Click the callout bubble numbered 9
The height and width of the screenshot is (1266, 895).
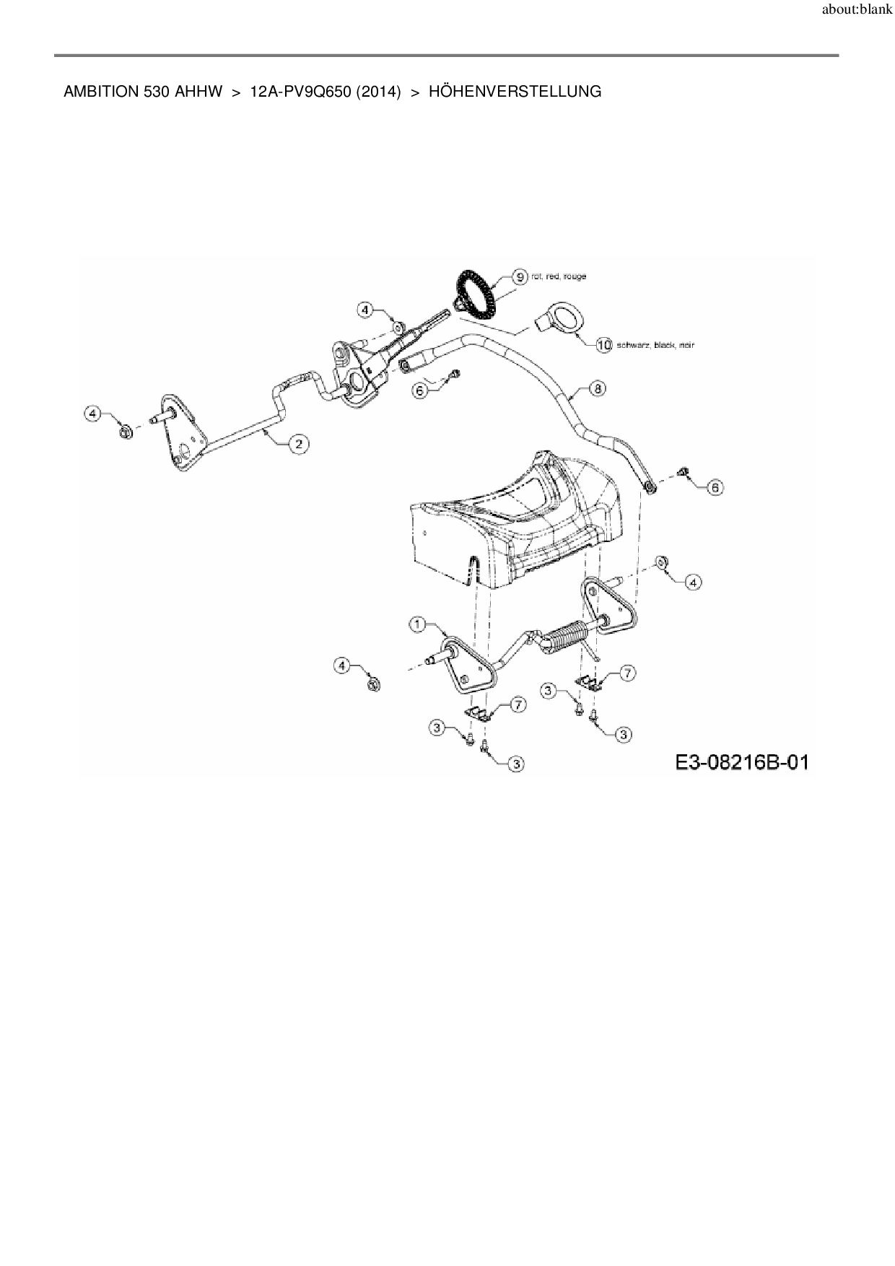(x=519, y=276)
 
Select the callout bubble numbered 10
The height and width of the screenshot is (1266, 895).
(x=604, y=345)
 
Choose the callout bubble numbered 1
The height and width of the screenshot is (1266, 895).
(x=418, y=624)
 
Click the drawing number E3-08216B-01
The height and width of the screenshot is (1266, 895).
(x=742, y=762)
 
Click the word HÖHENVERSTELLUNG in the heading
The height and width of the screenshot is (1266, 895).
(x=515, y=92)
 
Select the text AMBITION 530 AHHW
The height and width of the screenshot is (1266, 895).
(x=143, y=92)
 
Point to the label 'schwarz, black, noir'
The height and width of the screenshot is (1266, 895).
(x=655, y=346)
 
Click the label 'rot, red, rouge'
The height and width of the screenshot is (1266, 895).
(x=559, y=276)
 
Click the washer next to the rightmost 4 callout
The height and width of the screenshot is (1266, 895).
(x=660, y=562)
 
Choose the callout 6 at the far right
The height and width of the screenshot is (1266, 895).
(x=715, y=488)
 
